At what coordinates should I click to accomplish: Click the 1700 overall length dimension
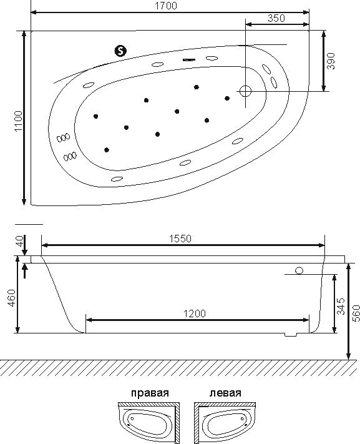pyautogui.click(x=165, y=6)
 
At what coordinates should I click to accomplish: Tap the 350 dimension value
pyautogui.click(x=276, y=18)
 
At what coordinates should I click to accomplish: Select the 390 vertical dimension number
pyautogui.click(x=331, y=61)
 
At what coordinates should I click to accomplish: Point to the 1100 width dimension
pyautogui.click(x=18, y=121)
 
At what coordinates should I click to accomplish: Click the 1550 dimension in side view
pyautogui.click(x=180, y=239)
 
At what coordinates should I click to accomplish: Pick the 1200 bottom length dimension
pyautogui.click(x=195, y=313)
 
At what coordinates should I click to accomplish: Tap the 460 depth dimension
pyautogui.click(x=12, y=298)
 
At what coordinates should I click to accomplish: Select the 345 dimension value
pyautogui.click(x=341, y=306)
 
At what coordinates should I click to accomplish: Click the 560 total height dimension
pyautogui.click(x=356, y=313)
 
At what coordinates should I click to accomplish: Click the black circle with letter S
pyautogui.click(x=121, y=51)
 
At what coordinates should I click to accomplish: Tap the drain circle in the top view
pyautogui.click(x=245, y=91)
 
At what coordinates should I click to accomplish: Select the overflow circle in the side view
pyautogui.click(x=299, y=270)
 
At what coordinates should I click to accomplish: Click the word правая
pyautogui.click(x=150, y=393)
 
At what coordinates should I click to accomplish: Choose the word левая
pyautogui.click(x=225, y=393)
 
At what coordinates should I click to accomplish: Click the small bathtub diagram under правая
pyautogui.click(x=149, y=422)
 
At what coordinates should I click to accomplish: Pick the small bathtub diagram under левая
pyautogui.click(x=225, y=422)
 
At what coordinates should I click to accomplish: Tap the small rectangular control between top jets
pyautogui.click(x=190, y=60)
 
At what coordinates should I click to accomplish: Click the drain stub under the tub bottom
pyautogui.click(x=291, y=335)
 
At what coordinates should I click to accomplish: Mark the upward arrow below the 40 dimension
pyautogui.click(x=25, y=270)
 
